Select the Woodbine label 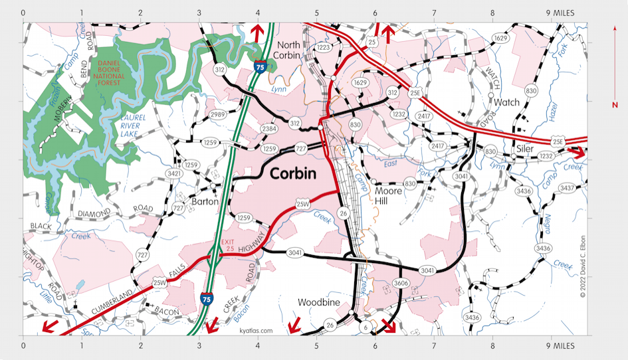tap(319, 303)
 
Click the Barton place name tap(204, 201)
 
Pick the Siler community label tap(525, 149)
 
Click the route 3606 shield tap(400, 283)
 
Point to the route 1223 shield tap(323, 48)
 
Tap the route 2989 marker tap(217, 115)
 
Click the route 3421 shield tap(174, 174)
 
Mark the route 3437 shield tap(566, 189)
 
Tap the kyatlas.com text tap(256, 330)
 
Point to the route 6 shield tap(365, 327)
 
